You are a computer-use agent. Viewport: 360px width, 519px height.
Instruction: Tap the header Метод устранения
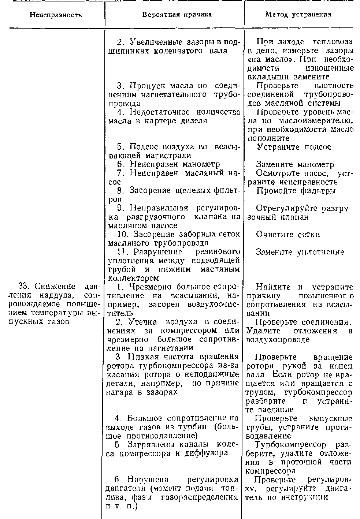pos(298,15)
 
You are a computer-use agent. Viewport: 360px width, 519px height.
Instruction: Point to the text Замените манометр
pos(295,164)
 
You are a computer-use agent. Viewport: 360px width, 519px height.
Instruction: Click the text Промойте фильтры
pos(296,191)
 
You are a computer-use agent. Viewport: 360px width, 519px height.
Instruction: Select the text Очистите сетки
pos(288,234)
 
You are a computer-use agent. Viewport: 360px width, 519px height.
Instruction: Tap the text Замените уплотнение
pos(300,252)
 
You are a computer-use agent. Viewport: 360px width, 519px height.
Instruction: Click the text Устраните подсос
pos(294,147)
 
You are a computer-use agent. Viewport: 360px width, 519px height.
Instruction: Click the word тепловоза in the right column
pos(335,42)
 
